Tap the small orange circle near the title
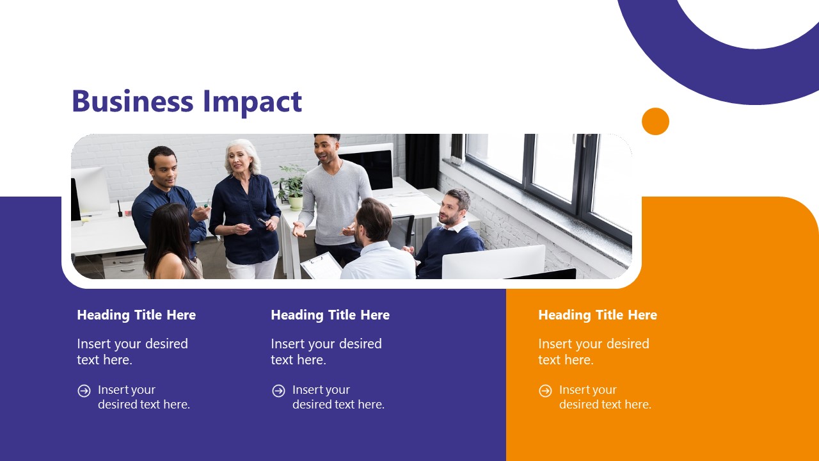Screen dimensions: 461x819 tap(655, 121)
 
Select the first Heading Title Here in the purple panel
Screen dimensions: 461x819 tap(136, 315)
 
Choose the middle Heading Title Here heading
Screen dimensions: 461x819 tap(330, 315)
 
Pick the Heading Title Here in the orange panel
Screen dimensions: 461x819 tap(598, 315)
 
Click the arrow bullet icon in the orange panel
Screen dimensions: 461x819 tap(545, 391)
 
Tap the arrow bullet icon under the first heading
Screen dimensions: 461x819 tap(84, 391)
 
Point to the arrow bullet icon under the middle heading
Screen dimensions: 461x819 tap(278, 391)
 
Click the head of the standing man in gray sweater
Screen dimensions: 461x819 tap(327, 149)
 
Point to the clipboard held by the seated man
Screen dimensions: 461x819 tap(322, 266)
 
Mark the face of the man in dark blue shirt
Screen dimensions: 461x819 tap(163, 168)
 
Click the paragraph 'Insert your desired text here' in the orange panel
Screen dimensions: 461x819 tap(593, 352)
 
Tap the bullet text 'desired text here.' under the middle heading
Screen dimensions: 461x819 tap(338, 405)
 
